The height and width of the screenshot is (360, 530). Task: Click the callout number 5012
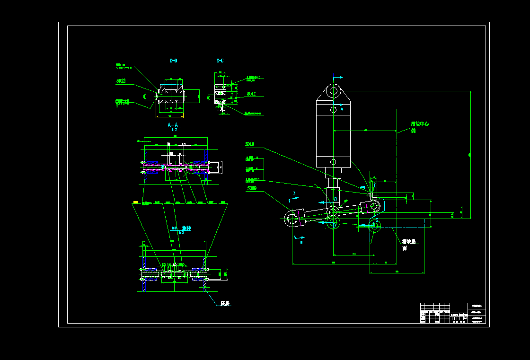click(x=121, y=81)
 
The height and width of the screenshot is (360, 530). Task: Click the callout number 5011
click(x=251, y=94)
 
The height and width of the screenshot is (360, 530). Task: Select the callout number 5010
click(x=249, y=144)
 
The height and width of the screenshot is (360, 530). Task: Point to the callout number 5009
click(x=252, y=188)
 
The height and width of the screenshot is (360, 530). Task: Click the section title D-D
click(x=174, y=61)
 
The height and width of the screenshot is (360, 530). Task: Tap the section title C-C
click(x=220, y=61)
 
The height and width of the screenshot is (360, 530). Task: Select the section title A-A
click(x=173, y=125)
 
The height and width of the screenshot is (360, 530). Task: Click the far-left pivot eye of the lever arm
click(x=292, y=219)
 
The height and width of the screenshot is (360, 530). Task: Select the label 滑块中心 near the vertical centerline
click(x=420, y=124)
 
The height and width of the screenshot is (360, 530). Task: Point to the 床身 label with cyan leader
click(x=226, y=303)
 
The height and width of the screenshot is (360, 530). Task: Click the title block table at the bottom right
click(x=453, y=313)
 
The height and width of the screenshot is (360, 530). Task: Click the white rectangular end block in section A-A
click(x=215, y=167)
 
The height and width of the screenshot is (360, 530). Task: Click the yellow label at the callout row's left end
click(x=136, y=202)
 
